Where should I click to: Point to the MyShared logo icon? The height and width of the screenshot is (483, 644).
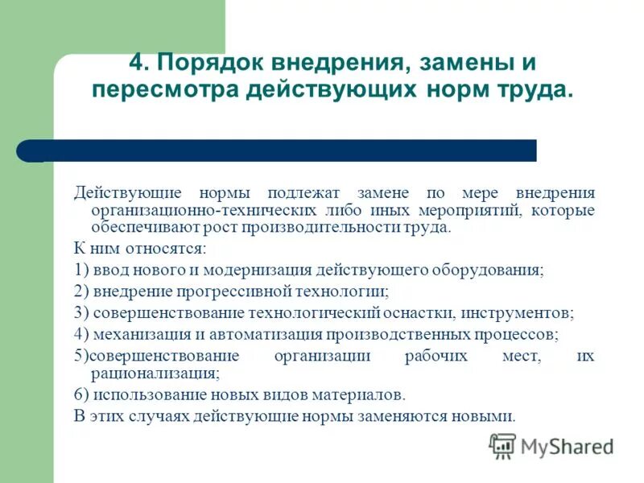click(502, 445)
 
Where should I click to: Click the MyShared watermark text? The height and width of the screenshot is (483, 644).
click(567, 446)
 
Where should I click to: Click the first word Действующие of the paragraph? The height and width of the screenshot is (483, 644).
click(123, 193)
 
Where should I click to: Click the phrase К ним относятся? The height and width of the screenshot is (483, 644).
click(140, 249)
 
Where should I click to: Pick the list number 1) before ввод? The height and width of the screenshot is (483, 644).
click(81, 270)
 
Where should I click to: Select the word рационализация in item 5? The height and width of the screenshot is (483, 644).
click(148, 374)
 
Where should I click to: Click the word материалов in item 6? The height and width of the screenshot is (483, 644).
click(353, 395)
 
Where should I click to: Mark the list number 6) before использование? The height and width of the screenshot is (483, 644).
click(81, 395)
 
